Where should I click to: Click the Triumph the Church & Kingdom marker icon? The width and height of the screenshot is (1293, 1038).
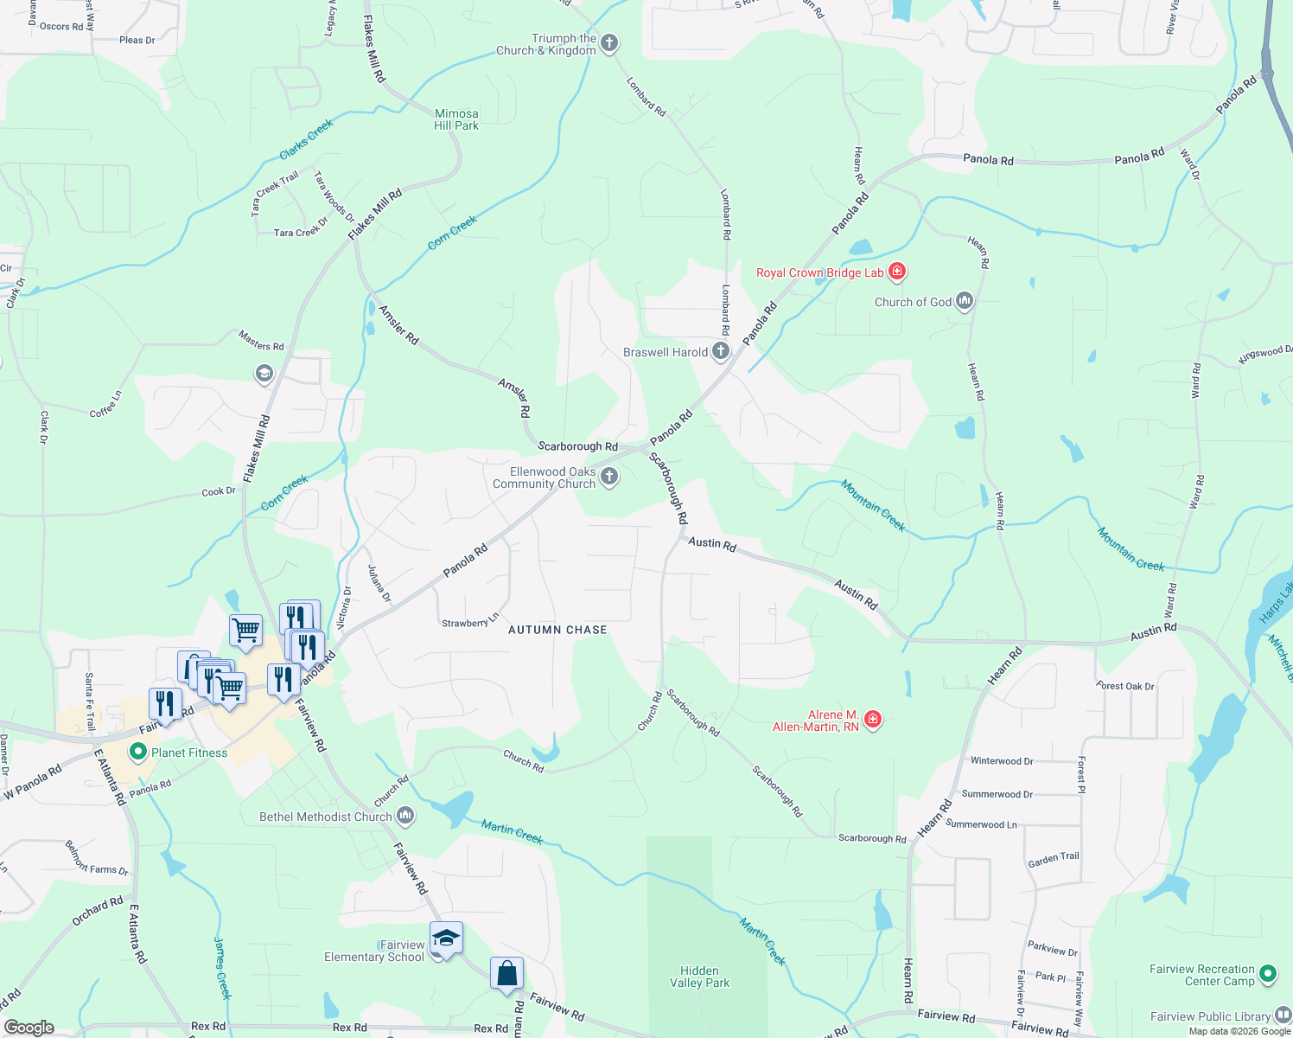609,43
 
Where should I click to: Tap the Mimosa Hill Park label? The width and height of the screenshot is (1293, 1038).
456,119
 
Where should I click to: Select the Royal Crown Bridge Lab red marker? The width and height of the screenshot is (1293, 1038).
897,272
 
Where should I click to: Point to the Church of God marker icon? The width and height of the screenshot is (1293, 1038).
965,302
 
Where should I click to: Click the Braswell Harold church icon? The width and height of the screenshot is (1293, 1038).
721,352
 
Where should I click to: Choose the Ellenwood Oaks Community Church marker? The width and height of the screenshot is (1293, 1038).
609,477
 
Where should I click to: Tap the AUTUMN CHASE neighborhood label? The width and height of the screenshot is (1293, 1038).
557,630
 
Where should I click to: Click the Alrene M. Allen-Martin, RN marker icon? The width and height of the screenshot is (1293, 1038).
873,720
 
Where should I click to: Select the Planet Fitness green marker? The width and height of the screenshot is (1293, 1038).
137,753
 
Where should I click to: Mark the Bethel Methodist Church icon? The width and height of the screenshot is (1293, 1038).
405,816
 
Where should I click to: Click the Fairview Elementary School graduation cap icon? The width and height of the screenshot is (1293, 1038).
446,939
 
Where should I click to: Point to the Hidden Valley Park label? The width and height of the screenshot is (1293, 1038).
699,977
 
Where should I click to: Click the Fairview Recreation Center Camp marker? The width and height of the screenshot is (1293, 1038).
1268,974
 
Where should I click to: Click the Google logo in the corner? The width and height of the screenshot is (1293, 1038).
29,1027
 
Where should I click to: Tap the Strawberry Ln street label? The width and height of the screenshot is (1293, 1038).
470,621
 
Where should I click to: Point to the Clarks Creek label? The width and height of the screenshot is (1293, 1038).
307,140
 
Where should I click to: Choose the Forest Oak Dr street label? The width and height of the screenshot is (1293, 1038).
1125,686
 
